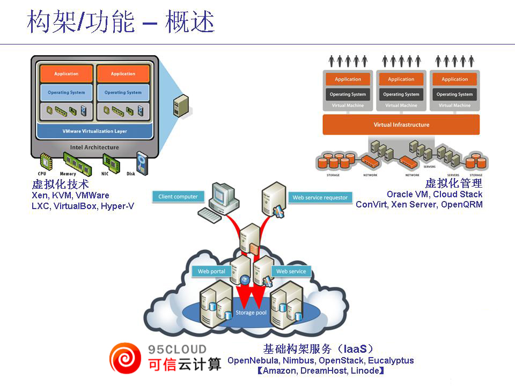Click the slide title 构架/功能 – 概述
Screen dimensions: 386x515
tap(121, 23)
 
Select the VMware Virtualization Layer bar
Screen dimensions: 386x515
tap(94, 131)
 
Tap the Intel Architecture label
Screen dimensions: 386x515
tap(94, 147)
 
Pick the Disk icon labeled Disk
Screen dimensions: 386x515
tap(142, 162)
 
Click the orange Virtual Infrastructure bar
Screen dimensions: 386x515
tap(401, 125)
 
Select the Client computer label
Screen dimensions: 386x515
tap(178, 197)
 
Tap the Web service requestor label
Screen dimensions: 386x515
tap(320, 197)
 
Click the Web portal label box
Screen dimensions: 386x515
tap(211, 271)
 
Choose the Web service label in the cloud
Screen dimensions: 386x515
tap(291, 271)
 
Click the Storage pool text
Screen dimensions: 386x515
tap(251, 313)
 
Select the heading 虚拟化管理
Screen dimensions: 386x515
tap(454, 184)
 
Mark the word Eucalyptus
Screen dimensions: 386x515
tap(391, 360)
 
